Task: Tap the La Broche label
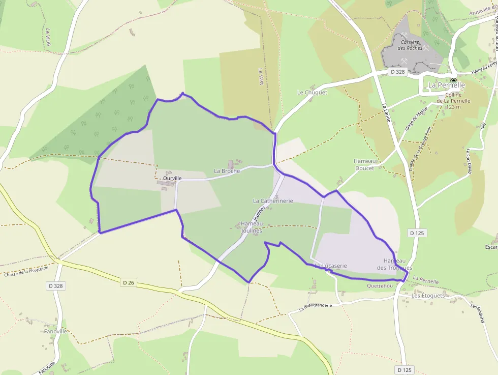coord(227,171)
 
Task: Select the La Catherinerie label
coord(273,201)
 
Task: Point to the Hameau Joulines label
coord(252,227)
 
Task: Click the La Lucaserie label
coord(331,266)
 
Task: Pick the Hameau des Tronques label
coord(395,264)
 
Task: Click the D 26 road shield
coord(129,281)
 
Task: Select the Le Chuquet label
coord(312,93)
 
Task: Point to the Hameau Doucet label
coord(364,164)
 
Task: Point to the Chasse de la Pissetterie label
coord(26,270)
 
